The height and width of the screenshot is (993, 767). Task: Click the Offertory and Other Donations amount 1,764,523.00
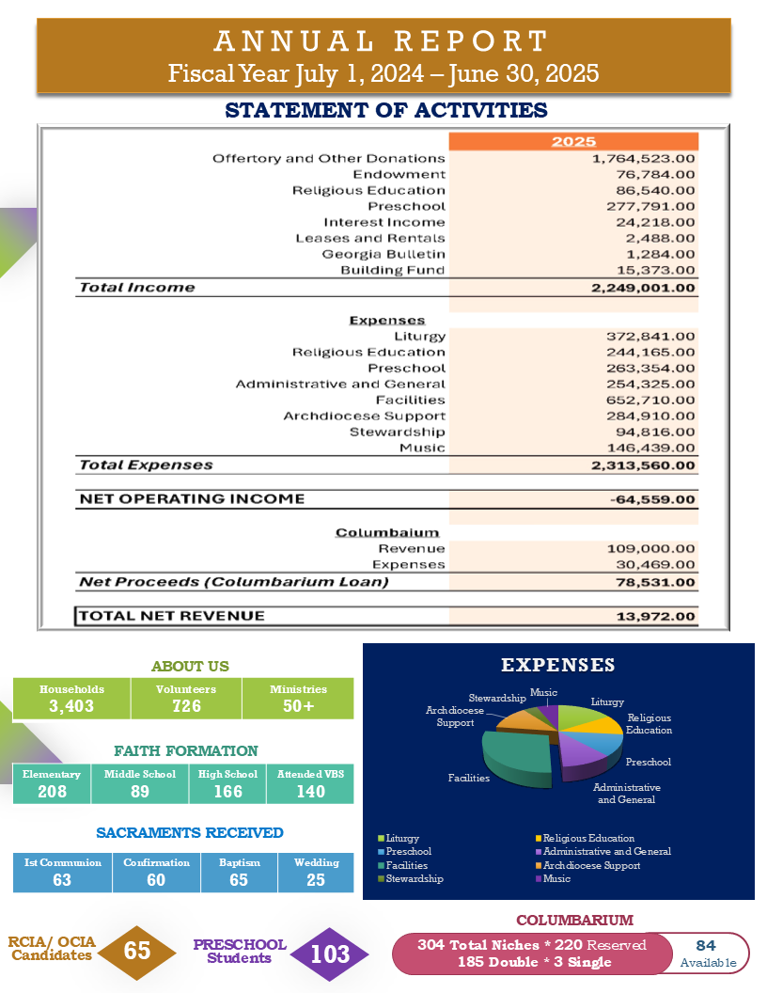[x=643, y=159]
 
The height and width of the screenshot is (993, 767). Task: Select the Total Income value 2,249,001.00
[x=643, y=288]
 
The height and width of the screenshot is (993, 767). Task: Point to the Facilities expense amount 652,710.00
[x=650, y=401]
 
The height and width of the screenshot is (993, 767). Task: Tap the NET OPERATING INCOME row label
[x=192, y=498]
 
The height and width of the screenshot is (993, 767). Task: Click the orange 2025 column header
[x=573, y=142]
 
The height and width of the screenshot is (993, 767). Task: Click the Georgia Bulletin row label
[x=383, y=255]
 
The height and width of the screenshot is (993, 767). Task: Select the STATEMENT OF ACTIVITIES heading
[x=386, y=111]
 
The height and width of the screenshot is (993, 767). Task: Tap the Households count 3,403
[x=71, y=706]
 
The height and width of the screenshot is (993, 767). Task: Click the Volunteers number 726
[x=186, y=706]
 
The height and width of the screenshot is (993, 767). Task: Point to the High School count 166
[x=227, y=791]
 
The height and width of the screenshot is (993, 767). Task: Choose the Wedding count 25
[x=316, y=880]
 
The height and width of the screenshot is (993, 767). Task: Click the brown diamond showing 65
[x=137, y=951]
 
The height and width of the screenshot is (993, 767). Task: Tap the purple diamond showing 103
[x=330, y=954]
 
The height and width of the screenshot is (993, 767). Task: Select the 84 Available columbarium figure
[x=707, y=953]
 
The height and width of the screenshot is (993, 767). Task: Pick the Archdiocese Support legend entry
[x=591, y=865]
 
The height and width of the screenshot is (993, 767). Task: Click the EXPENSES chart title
[x=557, y=666]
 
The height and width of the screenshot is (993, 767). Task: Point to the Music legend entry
[x=556, y=878]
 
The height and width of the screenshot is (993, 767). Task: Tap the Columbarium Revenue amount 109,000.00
[x=650, y=548]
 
